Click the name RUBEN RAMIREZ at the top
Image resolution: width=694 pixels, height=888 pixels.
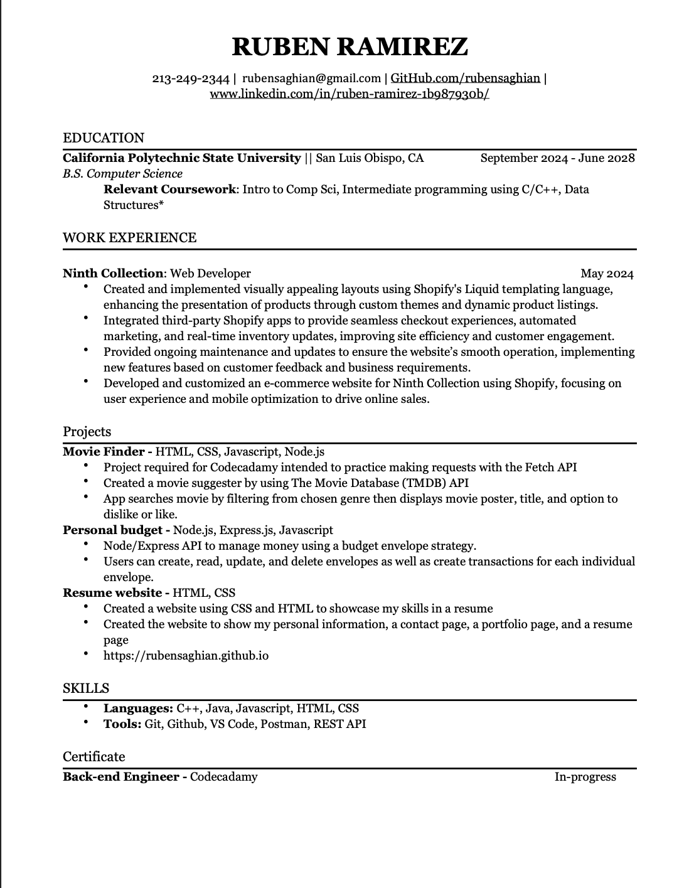click(x=350, y=46)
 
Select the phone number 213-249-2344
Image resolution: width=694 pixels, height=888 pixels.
click(x=191, y=78)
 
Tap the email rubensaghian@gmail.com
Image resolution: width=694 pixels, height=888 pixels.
click(x=311, y=78)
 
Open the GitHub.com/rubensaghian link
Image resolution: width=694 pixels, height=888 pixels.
click(x=465, y=78)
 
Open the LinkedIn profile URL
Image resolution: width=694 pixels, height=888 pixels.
click(x=349, y=94)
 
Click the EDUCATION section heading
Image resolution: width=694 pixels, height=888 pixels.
click(x=104, y=138)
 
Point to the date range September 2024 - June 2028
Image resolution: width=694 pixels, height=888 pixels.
click(x=557, y=158)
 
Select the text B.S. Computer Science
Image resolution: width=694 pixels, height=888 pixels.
click(x=122, y=174)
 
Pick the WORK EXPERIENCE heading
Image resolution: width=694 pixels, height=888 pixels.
click(x=129, y=238)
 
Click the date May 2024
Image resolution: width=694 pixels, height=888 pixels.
click(x=607, y=274)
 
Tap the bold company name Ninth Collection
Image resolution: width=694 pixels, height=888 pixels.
click(x=113, y=274)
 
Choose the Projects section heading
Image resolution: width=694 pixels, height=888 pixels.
click(x=87, y=432)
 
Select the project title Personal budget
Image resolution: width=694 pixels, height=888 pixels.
click(x=113, y=530)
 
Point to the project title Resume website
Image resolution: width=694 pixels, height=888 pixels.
click(x=112, y=593)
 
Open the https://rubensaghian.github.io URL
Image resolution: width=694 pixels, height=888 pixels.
click(x=186, y=656)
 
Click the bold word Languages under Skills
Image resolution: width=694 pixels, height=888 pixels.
click(x=137, y=709)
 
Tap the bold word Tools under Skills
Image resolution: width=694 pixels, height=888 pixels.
click(x=122, y=724)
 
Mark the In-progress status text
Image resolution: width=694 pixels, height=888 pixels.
click(x=585, y=777)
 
